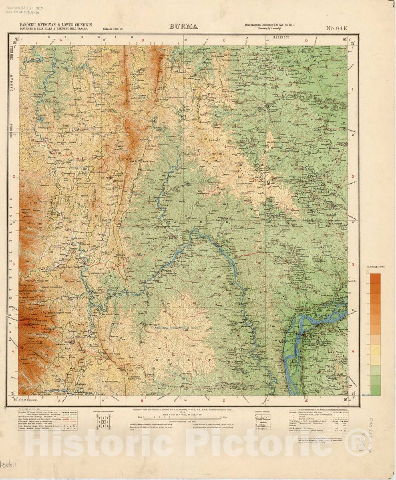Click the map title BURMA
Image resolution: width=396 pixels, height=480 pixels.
[x=184, y=27]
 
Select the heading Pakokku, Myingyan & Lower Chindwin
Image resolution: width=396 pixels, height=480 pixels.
[x=56, y=25]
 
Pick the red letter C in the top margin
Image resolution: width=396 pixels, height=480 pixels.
[x=224, y=40]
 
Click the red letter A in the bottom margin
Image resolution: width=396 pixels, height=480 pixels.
[x=59, y=400]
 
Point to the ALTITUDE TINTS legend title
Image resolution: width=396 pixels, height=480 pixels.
[x=375, y=266]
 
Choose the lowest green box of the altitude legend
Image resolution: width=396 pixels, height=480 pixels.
[x=375, y=390]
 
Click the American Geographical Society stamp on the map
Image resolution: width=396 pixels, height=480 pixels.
[x=179, y=328]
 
